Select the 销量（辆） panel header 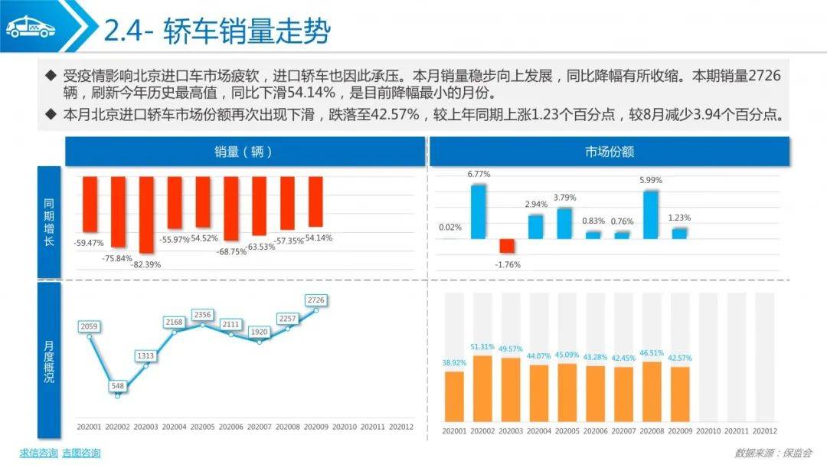(x=244, y=152)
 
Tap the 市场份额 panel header (x=610, y=152)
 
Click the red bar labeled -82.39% (x=147, y=214)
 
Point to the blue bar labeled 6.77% (x=479, y=211)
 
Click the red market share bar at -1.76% (x=507, y=246)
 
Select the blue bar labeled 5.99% (x=650, y=214)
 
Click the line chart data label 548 (x=117, y=386)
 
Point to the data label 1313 (x=145, y=356)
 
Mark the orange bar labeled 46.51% (x=650, y=391)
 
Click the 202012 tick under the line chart (x=401, y=426)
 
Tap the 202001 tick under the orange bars (x=454, y=431)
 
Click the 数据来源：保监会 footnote (x=773, y=453)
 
